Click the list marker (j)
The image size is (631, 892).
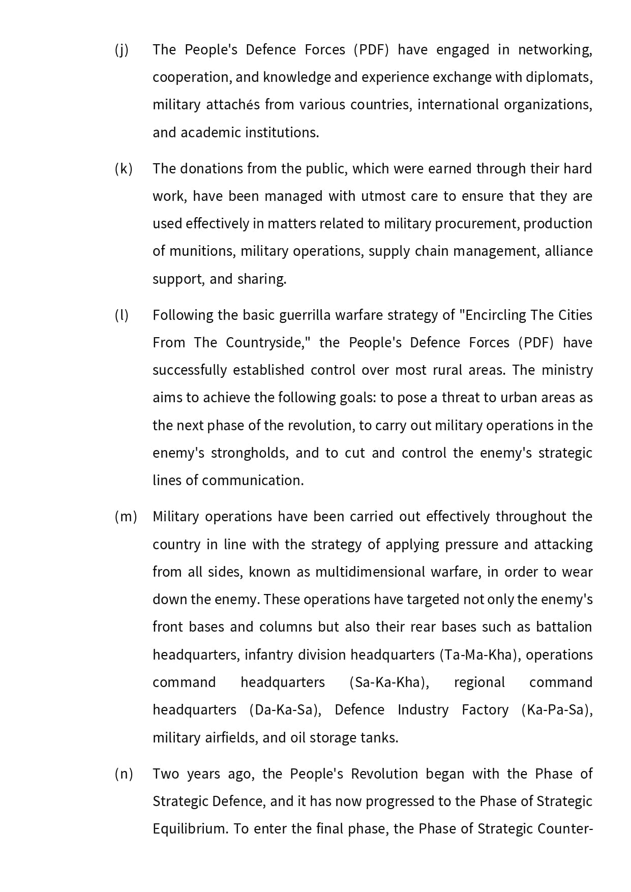coord(122,50)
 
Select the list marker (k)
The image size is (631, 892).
coord(123,169)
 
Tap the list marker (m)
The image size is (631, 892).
coord(126,517)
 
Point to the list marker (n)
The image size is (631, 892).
coord(124,774)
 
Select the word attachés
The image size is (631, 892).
coord(232,105)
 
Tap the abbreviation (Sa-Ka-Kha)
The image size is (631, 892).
coord(389,682)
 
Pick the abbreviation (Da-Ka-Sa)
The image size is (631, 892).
coord(285,710)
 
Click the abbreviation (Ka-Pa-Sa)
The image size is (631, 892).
coord(557,710)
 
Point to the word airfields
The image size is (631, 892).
coord(231,738)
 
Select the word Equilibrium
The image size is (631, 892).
coord(190,829)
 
